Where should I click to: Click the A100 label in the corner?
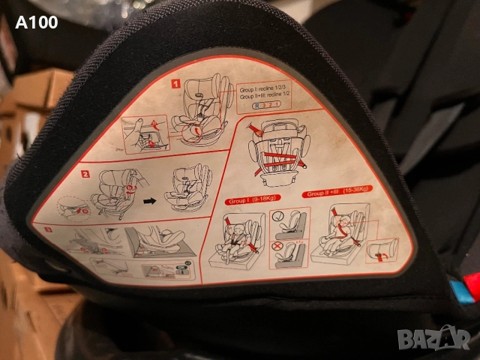coord(36,22)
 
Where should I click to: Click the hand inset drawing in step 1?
coord(145,133)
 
